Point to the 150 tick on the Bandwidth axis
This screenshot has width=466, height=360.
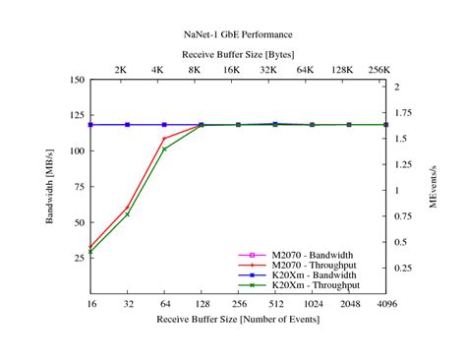(77, 81)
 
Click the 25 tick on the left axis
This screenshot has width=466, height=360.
(79, 259)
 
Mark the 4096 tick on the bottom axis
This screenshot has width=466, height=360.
(386, 306)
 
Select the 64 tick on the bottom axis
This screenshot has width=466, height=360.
(164, 306)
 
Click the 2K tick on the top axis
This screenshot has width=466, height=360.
(120, 70)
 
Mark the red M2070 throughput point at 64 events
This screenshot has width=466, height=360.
(164, 138)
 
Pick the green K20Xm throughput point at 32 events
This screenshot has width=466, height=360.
(127, 213)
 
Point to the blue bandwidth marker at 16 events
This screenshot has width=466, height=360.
(90, 125)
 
